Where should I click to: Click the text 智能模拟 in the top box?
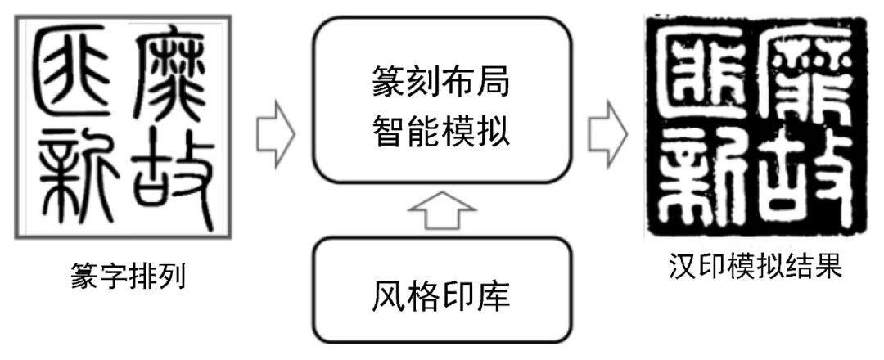click(441, 130)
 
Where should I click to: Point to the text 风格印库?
click(441, 295)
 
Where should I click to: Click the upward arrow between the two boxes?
click(441, 214)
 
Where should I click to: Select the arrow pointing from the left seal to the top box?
click(276, 129)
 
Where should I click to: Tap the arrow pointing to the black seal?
click(607, 129)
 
